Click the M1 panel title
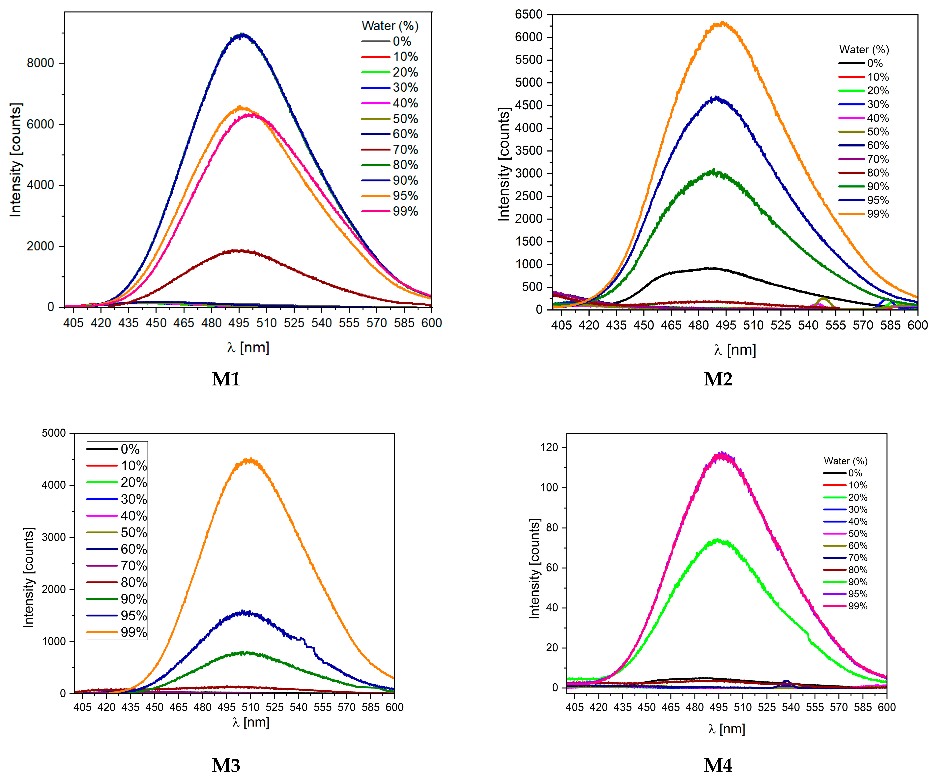226,379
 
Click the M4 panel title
718,765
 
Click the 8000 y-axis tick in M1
40,63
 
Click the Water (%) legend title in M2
864,49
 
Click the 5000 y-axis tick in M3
54,433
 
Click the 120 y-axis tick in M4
549,447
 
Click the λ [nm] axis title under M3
250,722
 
